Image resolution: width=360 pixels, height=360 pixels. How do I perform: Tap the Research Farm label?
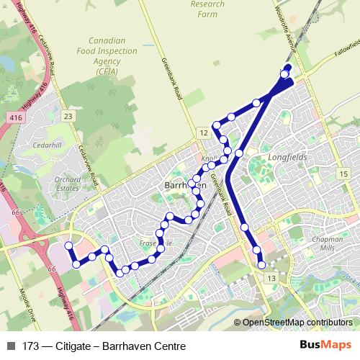[x=207, y=8]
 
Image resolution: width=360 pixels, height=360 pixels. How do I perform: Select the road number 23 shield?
[x=68, y=117]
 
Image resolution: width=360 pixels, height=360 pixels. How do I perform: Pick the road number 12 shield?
[x=204, y=134]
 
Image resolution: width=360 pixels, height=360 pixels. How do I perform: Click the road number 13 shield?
[x=271, y=278]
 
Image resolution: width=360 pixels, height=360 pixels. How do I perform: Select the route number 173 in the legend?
[x=30, y=346]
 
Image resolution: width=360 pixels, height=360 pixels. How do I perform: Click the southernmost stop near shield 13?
[x=262, y=266]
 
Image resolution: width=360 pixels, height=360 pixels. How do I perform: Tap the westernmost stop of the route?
[x=69, y=246]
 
